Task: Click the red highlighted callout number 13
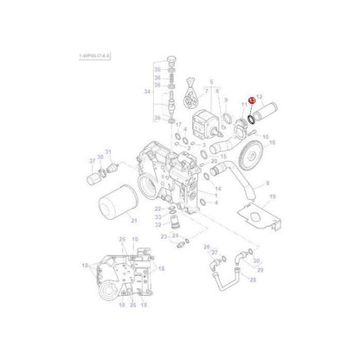[x=252, y=100]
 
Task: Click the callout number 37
[x=91, y=161]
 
